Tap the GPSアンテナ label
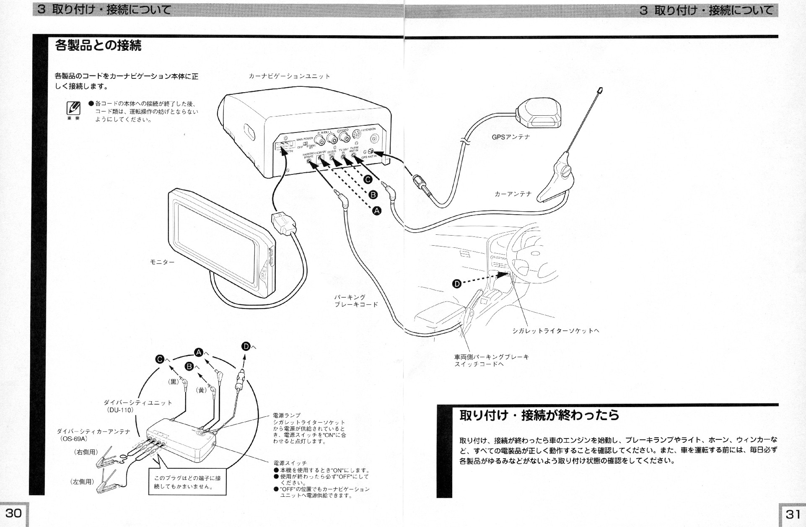pyautogui.click(x=511, y=137)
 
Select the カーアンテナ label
pyautogui.click(x=513, y=194)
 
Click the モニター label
pyautogui.click(x=162, y=262)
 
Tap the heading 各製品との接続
pyautogui.click(x=98, y=45)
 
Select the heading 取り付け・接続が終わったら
pyautogui.click(x=539, y=415)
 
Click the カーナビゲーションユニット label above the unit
pyautogui.click(x=289, y=76)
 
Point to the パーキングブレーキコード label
pyautogui.click(x=356, y=301)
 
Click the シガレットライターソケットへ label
pyautogui.click(x=556, y=331)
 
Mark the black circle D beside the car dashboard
pyautogui.click(x=457, y=284)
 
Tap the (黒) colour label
pyautogui.click(x=174, y=382)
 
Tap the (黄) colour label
pyautogui.click(x=202, y=390)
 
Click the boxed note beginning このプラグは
pyautogui.click(x=187, y=482)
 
